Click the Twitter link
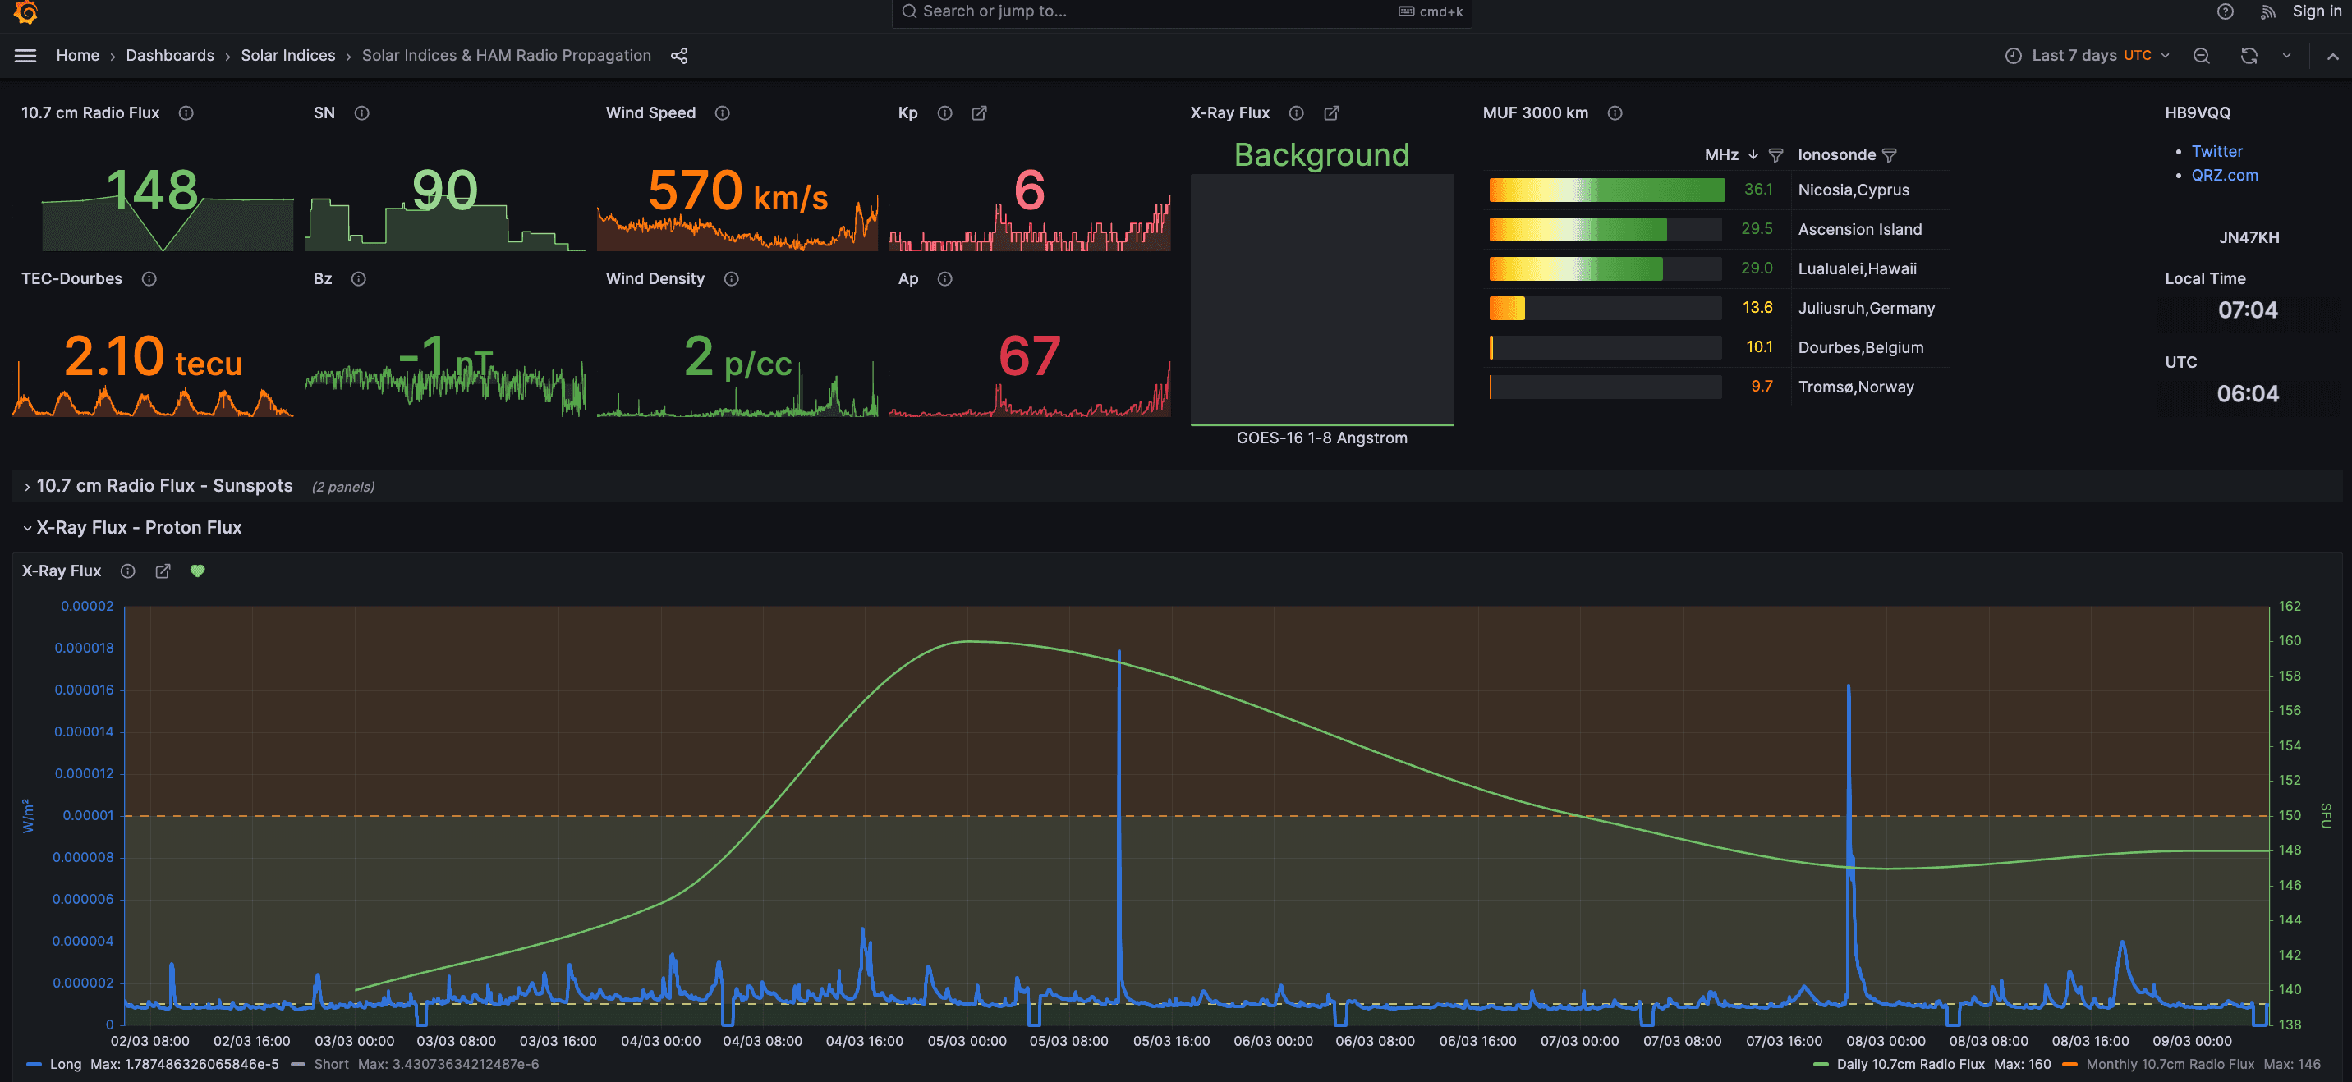point(2216,152)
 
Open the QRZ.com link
point(2223,176)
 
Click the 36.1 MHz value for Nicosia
point(1757,190)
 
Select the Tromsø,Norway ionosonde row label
point(1855,387)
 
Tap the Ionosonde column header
point(1836,155)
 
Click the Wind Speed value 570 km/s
point(737,192)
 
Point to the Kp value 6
point(1029,190)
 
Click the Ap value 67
point(1029,356)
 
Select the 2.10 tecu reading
point(153,357)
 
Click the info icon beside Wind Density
point(732,279)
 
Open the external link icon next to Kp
point(979,113)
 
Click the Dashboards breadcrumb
point(170,56)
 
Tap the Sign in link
point(2316,11)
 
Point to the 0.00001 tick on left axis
point(89,815)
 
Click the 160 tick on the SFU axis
point(2289,641)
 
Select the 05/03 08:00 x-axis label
point(1068,1041)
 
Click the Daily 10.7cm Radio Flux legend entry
point(1910,1065)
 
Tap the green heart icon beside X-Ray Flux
point(197,571)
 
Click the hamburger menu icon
point(25,56)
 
